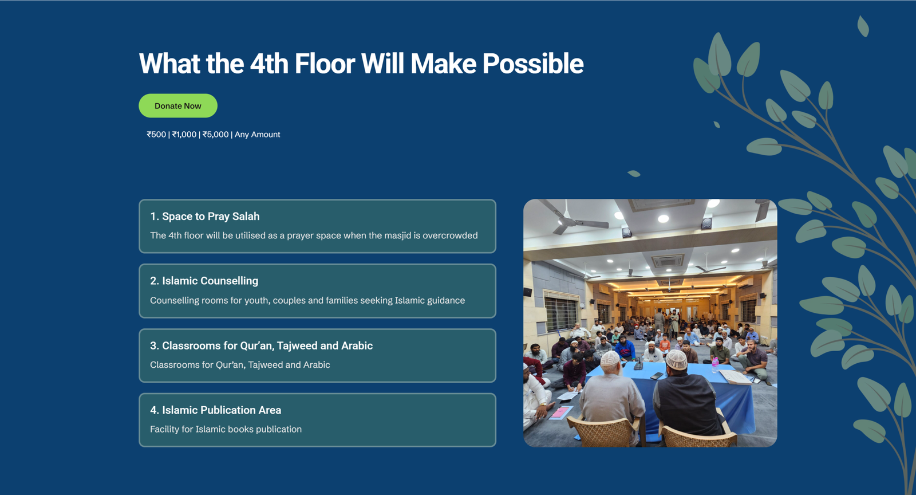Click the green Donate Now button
(178, 106)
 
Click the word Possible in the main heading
(533, 64)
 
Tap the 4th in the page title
(269, 64)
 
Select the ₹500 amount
(156, 135)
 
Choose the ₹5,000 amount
(215, 135)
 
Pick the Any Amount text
(257, 135)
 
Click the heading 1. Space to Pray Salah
(205, 217)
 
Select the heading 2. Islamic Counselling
(204, 281)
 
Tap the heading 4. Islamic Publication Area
(215, 410)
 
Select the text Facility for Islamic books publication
(226, 429)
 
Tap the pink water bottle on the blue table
(715, 365)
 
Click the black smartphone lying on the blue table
(657, 375)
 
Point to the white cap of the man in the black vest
(677, 360)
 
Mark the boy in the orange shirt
(665, 344)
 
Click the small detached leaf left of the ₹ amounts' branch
(634, 174)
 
